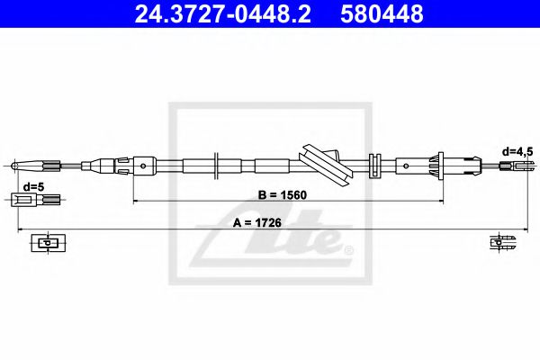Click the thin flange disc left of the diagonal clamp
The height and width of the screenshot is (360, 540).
218,165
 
